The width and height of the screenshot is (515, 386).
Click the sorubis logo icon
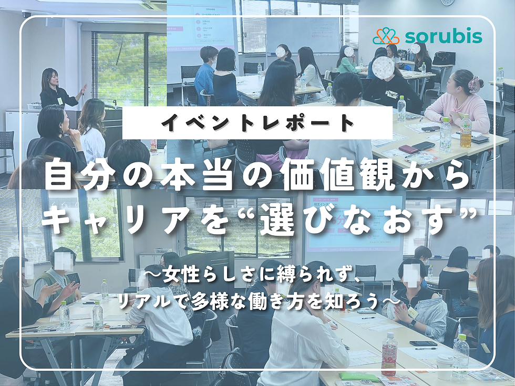(387, 36)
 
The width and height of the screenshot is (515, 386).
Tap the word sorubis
(443, 36)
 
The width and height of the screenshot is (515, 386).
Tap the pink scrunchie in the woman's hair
(476, 84)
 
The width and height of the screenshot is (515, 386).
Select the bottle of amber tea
(466, 131)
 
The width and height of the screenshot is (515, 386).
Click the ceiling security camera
(27, 14)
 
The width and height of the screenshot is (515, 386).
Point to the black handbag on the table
(444, 58)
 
